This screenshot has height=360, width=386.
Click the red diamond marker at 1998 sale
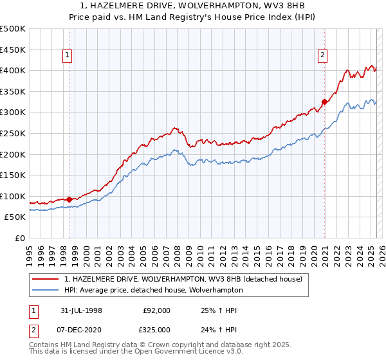pos(69,199)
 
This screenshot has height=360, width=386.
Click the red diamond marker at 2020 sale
pos(325,102)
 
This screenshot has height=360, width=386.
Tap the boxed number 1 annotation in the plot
pos(67,56)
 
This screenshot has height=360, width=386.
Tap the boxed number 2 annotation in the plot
pos(322,56)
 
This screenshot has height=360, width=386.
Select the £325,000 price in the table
pos(156,328)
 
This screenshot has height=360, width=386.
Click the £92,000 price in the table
pos(156,310)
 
